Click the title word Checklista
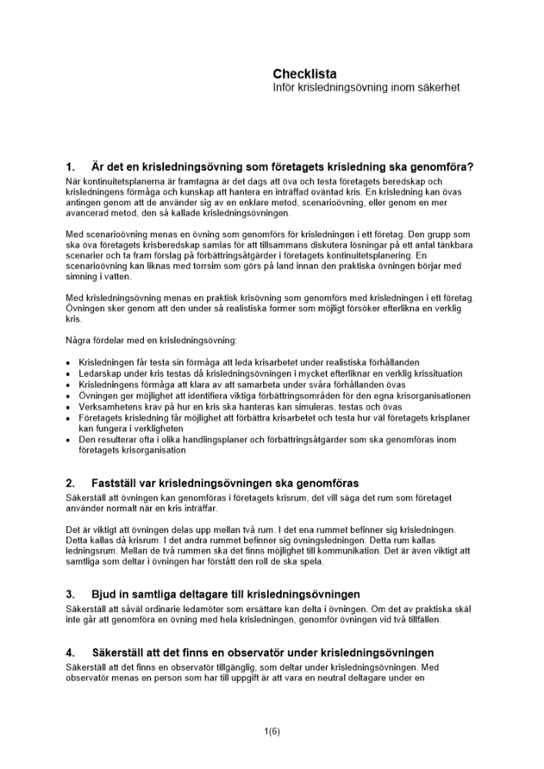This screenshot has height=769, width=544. (x=304, y=74)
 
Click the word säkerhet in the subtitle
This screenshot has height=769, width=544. (x=439, y=88)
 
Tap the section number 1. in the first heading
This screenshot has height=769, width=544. (x=71, y=167)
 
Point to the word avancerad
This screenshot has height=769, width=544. (x=89, y=213)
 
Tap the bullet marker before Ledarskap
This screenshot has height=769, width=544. (x=69, y=375)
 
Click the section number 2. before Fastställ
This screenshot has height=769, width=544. (x=71, y=484)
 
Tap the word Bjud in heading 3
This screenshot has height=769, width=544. (x=104, y=594)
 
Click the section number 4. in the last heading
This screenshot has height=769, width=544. (x=71, y=652)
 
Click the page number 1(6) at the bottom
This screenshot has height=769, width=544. (x=272, y=731)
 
